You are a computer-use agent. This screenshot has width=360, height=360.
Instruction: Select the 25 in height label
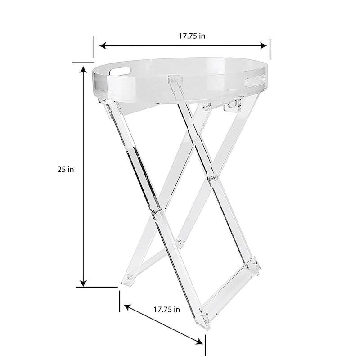65,170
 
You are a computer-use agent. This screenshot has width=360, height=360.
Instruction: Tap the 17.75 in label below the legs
166,310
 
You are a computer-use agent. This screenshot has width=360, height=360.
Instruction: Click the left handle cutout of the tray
119,70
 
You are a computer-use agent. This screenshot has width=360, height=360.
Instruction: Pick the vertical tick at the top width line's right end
270,48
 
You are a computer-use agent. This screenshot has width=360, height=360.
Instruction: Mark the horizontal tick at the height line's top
83,63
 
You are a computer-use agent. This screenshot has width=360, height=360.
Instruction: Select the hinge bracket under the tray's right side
232,106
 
